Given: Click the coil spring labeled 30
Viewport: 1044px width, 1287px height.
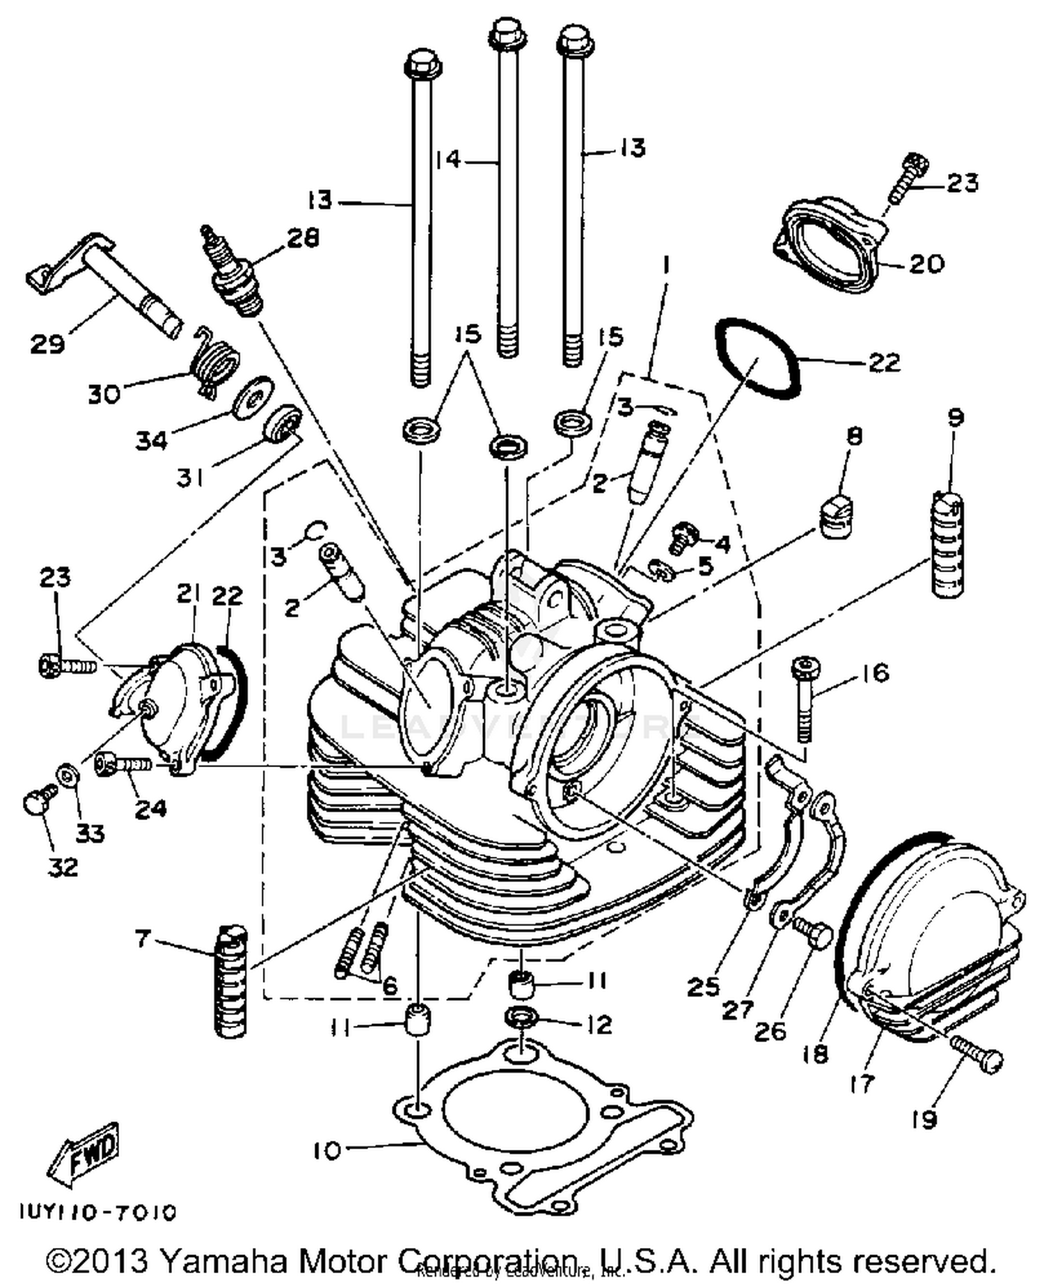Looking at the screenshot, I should tap(215, 362).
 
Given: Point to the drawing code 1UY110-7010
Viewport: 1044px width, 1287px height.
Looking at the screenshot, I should tap(97, 1213).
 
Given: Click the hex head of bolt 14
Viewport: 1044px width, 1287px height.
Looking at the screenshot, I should tap(503, 33).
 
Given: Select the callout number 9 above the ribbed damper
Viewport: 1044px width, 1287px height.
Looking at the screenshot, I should tap(955, 418).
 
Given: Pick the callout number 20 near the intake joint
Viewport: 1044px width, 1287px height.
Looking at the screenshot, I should tap(926, 264).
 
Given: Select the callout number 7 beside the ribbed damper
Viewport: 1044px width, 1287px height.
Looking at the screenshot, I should tap(143, 939).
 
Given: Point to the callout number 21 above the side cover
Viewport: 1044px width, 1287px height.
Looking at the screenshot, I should tap(189, 593).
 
